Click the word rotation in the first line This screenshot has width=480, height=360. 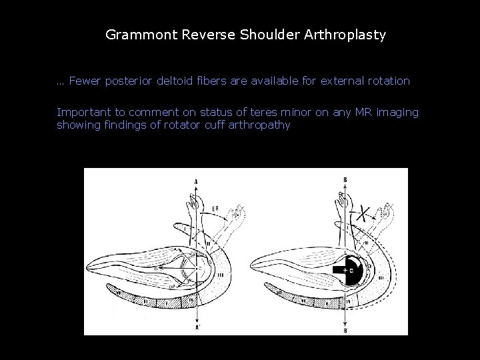click(x=386, y=81)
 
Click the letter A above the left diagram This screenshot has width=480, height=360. click(x=195, y=181)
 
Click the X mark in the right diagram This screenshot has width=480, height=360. click(x=363, y=213)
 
